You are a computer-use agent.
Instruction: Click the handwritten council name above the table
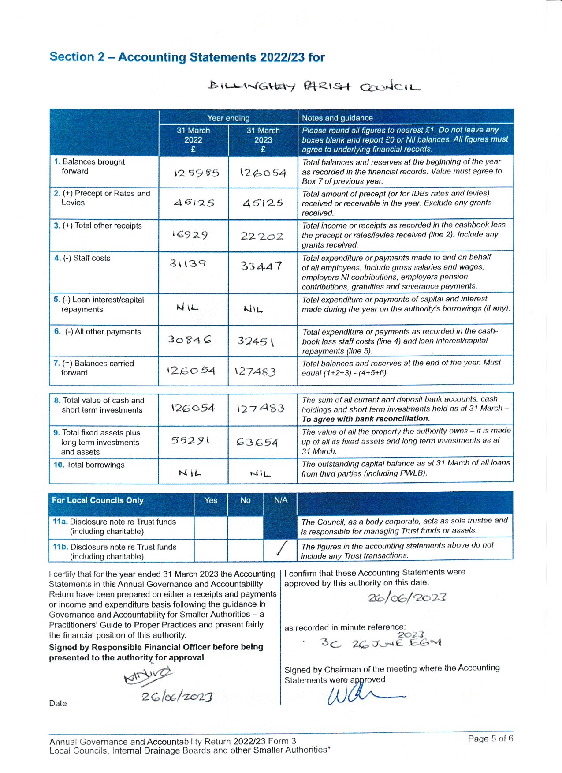pos(314,86)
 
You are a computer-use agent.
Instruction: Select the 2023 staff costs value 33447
pos(261,266)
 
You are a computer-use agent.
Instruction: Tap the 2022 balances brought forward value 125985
pos(197,173)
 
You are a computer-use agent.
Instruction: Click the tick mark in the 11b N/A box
pos(280,548)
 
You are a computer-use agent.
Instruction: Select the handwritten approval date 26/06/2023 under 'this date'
pos(407,598)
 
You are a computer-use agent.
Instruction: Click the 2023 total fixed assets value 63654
pos(257,442)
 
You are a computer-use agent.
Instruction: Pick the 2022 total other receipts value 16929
pos(190,235)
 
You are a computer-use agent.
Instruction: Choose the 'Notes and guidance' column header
pos(337,118)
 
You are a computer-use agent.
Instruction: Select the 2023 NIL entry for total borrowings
pos(260,474)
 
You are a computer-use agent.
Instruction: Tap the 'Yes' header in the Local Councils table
pos(211,500)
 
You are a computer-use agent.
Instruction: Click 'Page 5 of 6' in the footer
pos(490,739)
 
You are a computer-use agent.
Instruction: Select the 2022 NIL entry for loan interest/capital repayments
pos(187,307)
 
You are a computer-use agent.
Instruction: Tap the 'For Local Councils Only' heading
pos(98,500)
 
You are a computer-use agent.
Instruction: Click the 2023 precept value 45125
pos(263,203)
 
